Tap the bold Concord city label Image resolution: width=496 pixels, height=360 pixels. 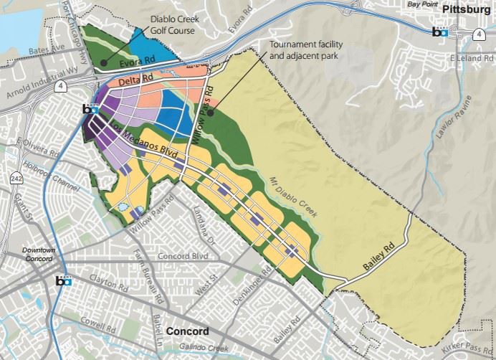187,331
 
